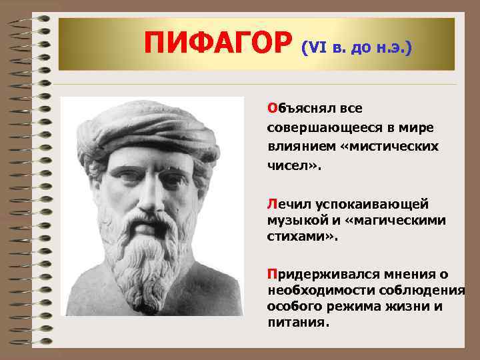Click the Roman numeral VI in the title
(x=315, y=48)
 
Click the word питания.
(x=297, y=323)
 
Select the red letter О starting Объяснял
(x=271, y=108)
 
